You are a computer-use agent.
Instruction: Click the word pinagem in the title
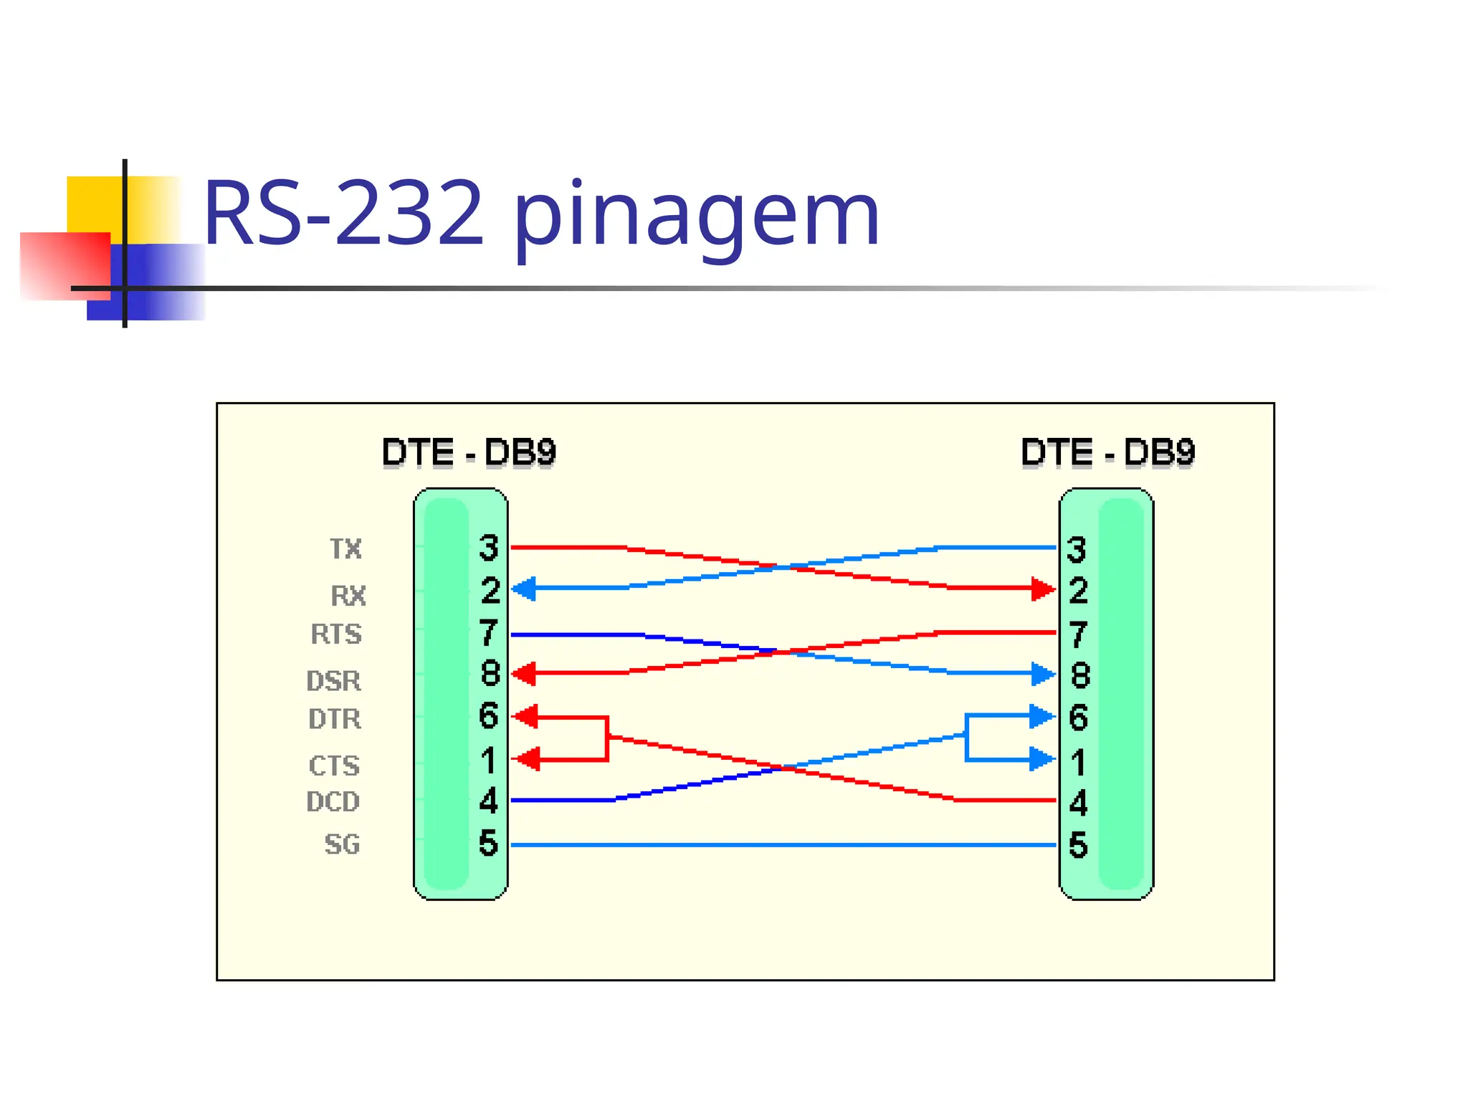(x=695, y=215)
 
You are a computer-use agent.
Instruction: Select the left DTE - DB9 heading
(x=469, y=452)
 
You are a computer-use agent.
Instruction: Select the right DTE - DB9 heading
(x=1107, y=452)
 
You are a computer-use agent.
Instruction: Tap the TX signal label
(x=345, y=549)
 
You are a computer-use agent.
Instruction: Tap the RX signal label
(x=348, y=596)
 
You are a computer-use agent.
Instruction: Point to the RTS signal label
(x=336, y=634)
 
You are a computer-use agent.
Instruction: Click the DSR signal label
(x=334, y=681)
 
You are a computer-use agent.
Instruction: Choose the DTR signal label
(x=335, y=719)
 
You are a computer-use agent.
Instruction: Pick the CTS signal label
(x=334, y=766)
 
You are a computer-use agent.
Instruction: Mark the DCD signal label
(x=333, y=801)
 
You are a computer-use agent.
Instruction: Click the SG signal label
(x=342, y=844)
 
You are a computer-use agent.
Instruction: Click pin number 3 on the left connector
(x=489, y=548)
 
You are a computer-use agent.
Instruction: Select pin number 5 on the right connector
(x=1078, y=845)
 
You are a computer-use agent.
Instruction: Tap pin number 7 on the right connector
(x=1078, y=634)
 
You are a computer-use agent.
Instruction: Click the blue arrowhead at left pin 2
(x=524, y=588)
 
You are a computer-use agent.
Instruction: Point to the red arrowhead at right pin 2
(x=1042, y=589)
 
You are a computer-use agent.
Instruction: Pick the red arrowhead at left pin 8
(x=525, y=673)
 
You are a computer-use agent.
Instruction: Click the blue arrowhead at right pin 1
(x=1042, y=759)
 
